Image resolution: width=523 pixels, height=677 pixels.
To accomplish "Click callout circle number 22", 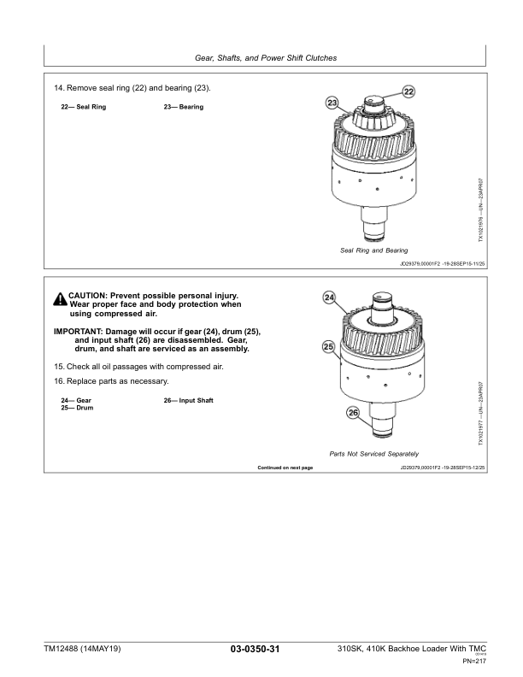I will (x=408, y=91).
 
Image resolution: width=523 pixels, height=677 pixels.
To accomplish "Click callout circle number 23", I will (x=332, y=103).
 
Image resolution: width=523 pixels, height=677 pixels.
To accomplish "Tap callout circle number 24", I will (x=329, y=297).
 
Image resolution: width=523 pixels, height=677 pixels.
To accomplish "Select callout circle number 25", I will (x=327, y=347).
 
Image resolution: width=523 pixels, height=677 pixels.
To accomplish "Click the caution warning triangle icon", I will (x=60, y=299).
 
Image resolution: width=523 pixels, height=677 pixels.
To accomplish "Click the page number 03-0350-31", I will (x=256, y=651).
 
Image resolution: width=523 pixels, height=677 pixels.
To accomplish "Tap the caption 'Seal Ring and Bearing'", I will (x=373, y=250).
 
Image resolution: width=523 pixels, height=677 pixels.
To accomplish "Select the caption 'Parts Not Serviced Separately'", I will (x=373, y=453).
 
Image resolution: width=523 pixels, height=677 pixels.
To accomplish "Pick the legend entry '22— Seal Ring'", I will (x=83, y=107).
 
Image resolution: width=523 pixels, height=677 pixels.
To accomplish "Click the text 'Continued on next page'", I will (x=285, y=468).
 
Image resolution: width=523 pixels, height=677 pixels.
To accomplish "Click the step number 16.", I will (x=57, y=380).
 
